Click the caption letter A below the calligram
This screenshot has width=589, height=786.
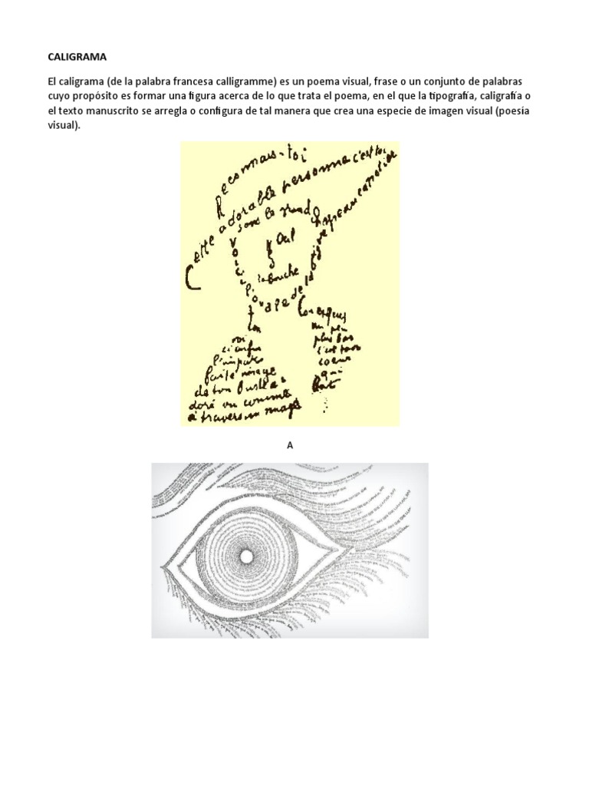290,444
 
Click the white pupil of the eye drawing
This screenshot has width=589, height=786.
246,556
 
